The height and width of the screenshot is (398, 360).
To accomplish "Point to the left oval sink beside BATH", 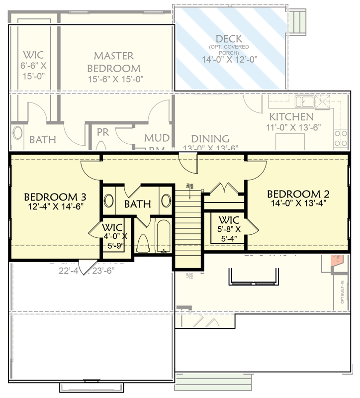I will click(109, 201).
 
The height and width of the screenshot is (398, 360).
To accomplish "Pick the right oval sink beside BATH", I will click(166, 201).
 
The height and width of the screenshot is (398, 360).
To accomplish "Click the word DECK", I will click(229, 39).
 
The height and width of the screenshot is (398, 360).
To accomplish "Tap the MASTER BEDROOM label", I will click(113, 62).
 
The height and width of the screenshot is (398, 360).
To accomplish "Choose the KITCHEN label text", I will click(291, 117).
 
